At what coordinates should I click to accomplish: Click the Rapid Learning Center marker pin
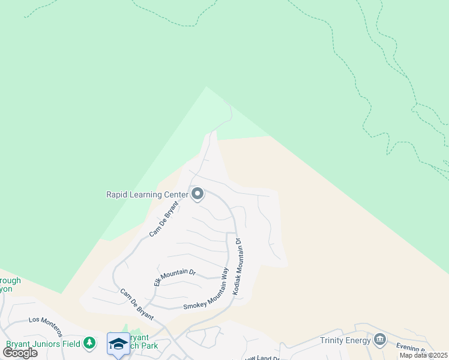(x=197, y=194)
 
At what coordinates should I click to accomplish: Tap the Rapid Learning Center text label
(x=146, y=194)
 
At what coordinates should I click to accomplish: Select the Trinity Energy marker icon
(x=379, y=340)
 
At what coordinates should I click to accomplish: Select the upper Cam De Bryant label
(x=161, y=218)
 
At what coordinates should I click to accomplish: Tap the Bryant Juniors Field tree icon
(x=89, y=343)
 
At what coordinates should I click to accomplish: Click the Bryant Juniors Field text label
(x=43, y=344)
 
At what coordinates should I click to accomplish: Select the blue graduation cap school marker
(x=118, y=344)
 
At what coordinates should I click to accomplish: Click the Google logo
(x=20, y=352)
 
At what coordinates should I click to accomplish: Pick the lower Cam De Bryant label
(x=137, y=304)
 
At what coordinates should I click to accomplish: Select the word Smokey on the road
(x=195, y=304)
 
